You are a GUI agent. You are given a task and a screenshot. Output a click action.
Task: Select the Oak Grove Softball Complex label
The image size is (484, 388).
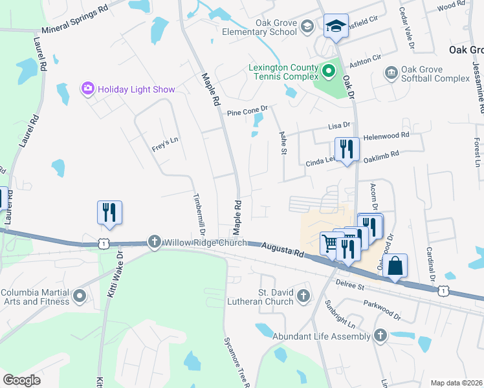[435, 74]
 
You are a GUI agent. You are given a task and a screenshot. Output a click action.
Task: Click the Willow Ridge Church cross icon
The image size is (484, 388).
[154, 242]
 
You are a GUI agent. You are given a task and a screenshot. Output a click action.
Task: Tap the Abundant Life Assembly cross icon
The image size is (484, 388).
[380, 335]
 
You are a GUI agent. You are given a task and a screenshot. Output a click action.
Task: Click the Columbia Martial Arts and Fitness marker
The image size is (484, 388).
[80, 297]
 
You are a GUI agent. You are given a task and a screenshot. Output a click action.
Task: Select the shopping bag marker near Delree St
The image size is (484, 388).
[394, 266]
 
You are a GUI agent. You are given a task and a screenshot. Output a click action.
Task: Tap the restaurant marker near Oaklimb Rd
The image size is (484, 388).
[347, 149]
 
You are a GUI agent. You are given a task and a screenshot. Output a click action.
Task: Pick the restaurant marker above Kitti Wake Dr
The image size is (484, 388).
[109, 212]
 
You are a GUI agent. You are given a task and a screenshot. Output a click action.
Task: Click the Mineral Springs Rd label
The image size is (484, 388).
[74, 21]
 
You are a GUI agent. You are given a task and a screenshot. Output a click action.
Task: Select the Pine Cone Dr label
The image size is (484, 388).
[247, 113]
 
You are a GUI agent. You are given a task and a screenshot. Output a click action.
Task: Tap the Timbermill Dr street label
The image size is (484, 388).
[198, 213]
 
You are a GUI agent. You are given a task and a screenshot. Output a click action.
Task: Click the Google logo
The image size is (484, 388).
[22, 380]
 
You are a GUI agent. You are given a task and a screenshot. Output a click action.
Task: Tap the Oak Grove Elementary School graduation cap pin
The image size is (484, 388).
[336, 26]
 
